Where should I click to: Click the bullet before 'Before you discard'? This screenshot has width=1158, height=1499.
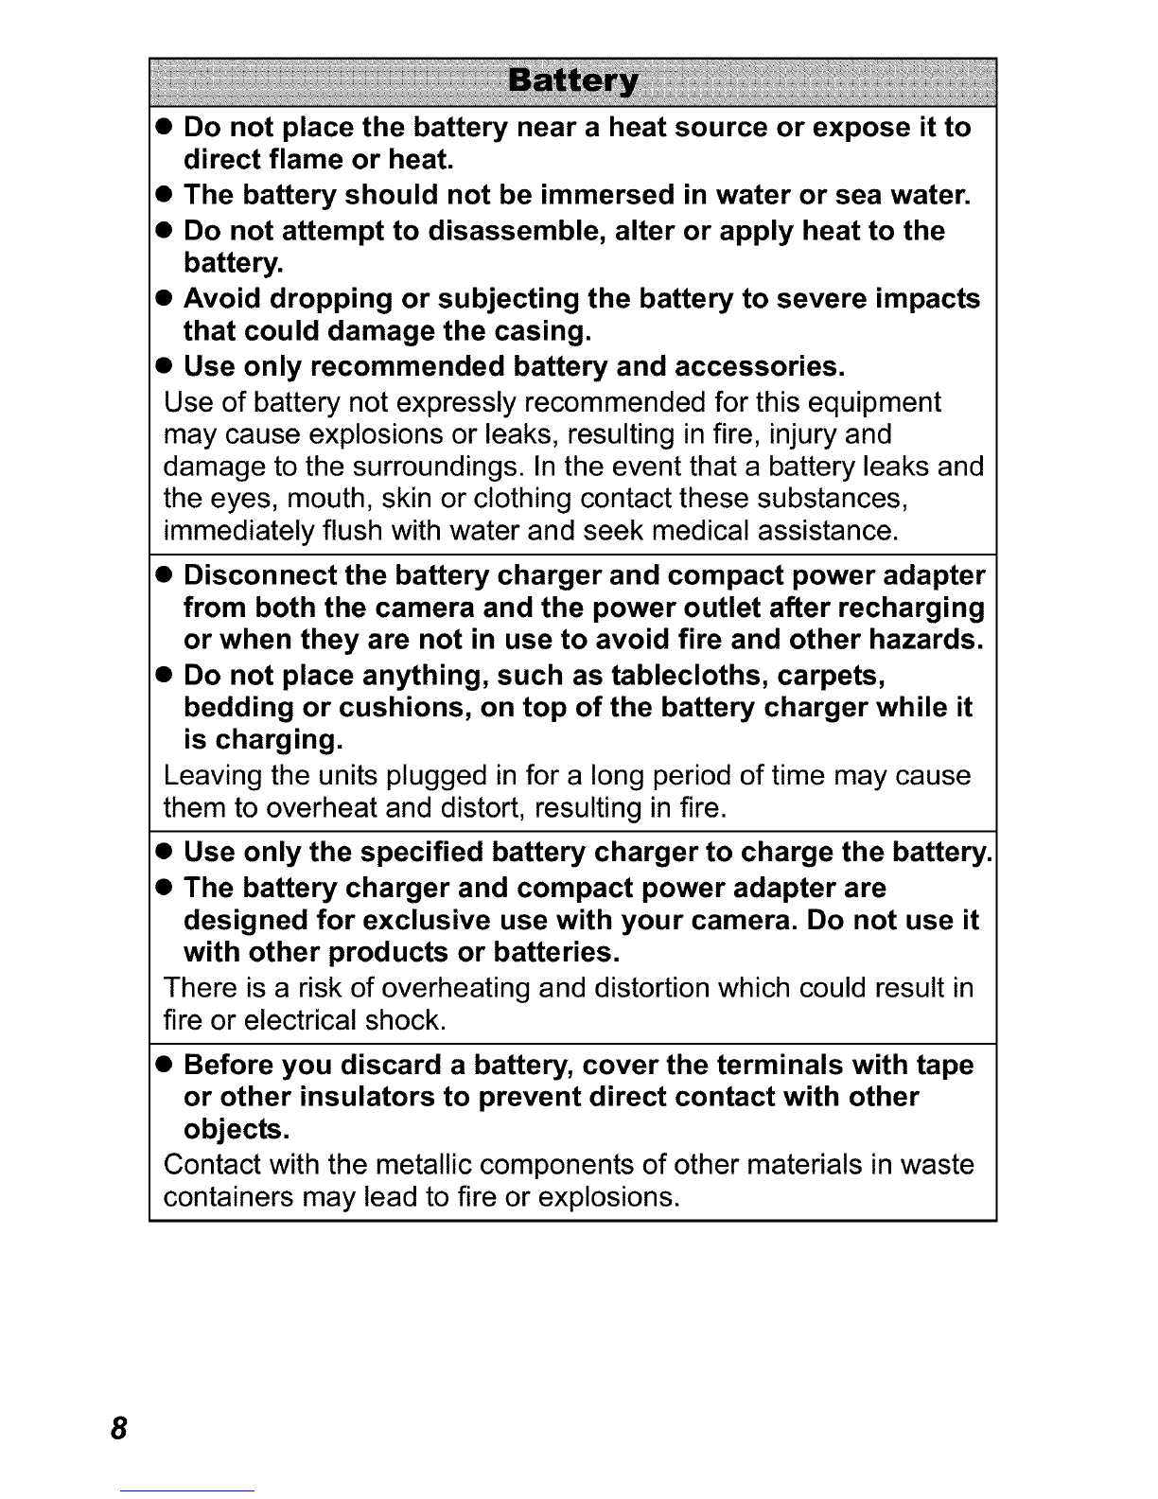click(x=164, y=1066)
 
